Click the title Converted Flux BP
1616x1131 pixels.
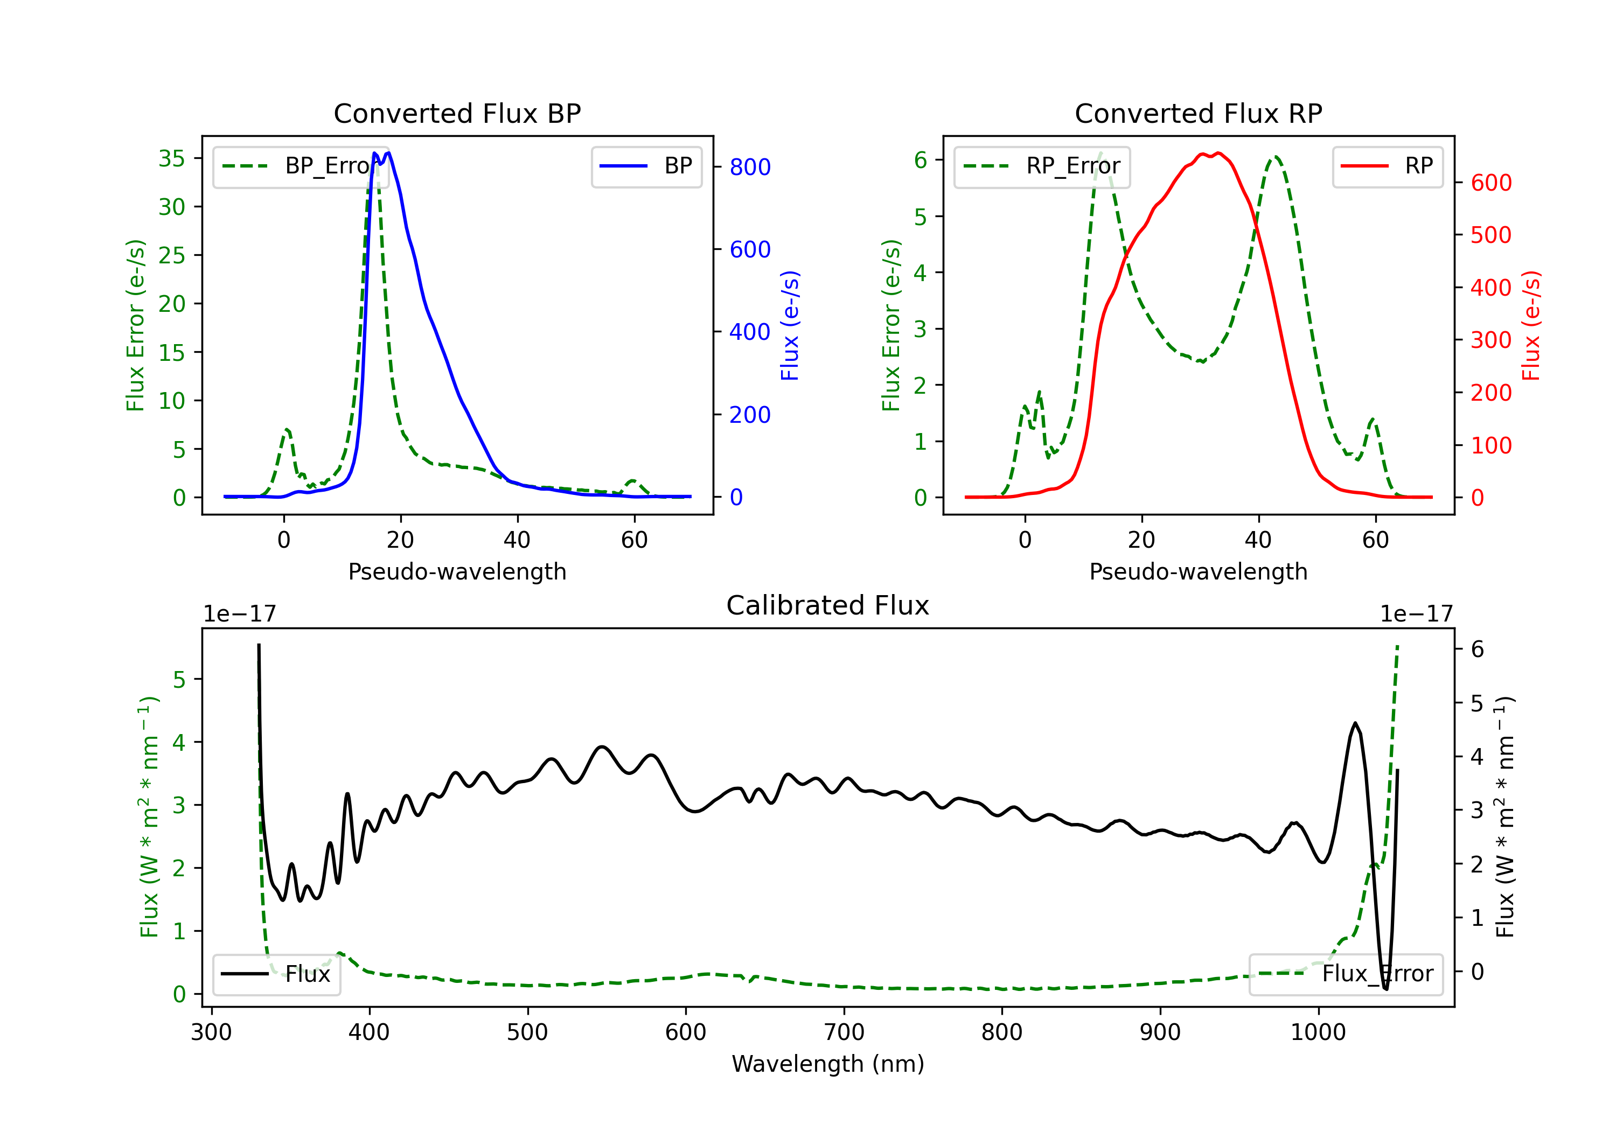(x=457, y=113)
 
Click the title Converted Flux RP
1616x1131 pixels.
(x=1198, y=113)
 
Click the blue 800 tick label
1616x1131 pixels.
(x=750, y=167)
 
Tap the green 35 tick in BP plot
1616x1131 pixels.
(x=172, y=158)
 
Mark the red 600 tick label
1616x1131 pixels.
(x=1490, y=183)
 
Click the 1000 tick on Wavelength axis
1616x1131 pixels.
(x=1318, y=1032)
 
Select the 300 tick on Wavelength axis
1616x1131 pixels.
(x=211, y=1032)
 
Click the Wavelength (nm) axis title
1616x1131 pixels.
(x=828, y=1064)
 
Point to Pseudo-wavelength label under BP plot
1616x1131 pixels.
(x=457, y=571)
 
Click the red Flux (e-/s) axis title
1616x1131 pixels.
(x=1531, y=325)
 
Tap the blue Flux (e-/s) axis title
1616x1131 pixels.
(x=790, y=325)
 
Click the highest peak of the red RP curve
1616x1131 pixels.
(x=1218, y=153)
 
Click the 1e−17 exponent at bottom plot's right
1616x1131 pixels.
(x=1416, y=614)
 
